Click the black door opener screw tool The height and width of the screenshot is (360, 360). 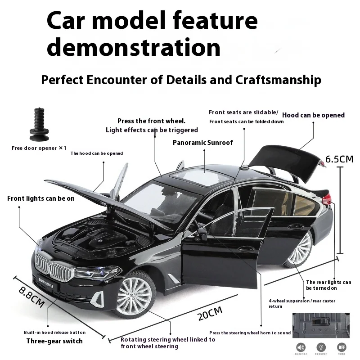click(x=39, y=123)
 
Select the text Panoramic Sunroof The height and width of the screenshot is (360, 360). click(x=203, y=143)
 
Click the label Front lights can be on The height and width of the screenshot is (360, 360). click(x=41, y=198)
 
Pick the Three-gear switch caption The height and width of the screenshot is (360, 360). click(x=54, y=341)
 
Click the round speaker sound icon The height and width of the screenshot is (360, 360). click(x=301, y=347)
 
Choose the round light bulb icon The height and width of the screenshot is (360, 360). click(x=321, y=347)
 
